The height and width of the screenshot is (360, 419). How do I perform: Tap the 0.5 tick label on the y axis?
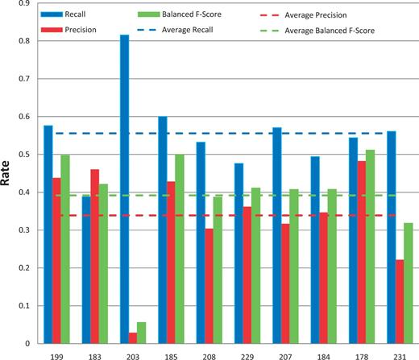coord(27,155)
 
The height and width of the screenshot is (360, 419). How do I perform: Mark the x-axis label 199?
coord(57,354)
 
